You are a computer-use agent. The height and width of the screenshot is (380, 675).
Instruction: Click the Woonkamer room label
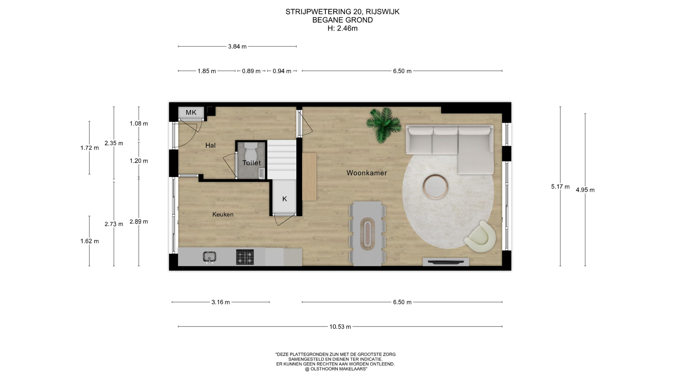[367, 173]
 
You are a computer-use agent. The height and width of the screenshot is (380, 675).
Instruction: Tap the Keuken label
[223, 214]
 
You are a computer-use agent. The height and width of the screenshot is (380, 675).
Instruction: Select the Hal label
[210, 145]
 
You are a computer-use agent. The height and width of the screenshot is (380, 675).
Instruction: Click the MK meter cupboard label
[191, 113]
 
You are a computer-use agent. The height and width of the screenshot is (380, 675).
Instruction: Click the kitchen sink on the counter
[210, 257]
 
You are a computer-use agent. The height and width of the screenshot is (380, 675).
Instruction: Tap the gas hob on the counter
[245, 257]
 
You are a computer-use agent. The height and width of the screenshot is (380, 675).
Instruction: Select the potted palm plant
[384, 125]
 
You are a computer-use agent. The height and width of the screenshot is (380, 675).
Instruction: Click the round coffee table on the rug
[435, 187]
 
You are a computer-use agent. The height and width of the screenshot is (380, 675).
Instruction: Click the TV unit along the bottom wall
[446, 262]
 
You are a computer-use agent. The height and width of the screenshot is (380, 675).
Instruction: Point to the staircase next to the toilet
[282, 159]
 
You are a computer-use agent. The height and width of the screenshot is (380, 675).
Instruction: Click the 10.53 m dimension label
[340, 327]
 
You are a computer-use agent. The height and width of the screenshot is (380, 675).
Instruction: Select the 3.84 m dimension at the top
[237, 46]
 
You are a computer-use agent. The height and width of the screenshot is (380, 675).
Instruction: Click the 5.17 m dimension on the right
[560, 187]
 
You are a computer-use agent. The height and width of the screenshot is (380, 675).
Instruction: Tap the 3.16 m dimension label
[220, 302]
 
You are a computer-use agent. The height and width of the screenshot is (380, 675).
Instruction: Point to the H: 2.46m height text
[342, 28]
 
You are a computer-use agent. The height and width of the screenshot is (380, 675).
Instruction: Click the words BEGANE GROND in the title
[342, 20]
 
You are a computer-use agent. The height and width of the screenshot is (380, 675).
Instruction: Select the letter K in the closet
[284, 199]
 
